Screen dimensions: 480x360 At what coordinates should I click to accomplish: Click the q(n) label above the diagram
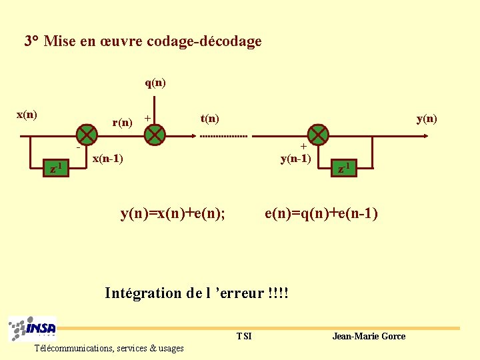[x=155, y=83]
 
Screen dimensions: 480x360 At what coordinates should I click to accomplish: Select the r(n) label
[x=122, y=122]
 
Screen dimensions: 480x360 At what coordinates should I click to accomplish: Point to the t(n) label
[x=209, y=118]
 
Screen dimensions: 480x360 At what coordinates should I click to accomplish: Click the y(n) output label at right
[x=427, y=119]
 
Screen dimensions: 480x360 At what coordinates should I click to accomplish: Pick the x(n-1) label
[x=107, y=159]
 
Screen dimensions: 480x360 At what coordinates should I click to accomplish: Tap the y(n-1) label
[x=295, y=158]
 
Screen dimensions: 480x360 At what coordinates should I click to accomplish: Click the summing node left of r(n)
[x=86, y=135]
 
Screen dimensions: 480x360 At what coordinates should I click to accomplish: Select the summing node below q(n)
[x=155, y=135]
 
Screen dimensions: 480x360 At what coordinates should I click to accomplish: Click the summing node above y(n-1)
[x=319, y=135]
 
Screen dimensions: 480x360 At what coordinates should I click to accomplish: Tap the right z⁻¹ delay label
[x=343, y=168]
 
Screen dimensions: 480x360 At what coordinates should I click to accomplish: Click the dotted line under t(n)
[x=223, y=136]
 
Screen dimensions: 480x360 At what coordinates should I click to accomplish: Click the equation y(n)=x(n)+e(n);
[x=173, y=213]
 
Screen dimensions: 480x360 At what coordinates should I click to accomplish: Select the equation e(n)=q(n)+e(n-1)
[x=321, y=213]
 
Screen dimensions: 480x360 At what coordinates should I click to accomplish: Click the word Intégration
[x=143, y=293]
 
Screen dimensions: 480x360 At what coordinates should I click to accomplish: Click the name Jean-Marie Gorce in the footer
[x=369, y=336]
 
